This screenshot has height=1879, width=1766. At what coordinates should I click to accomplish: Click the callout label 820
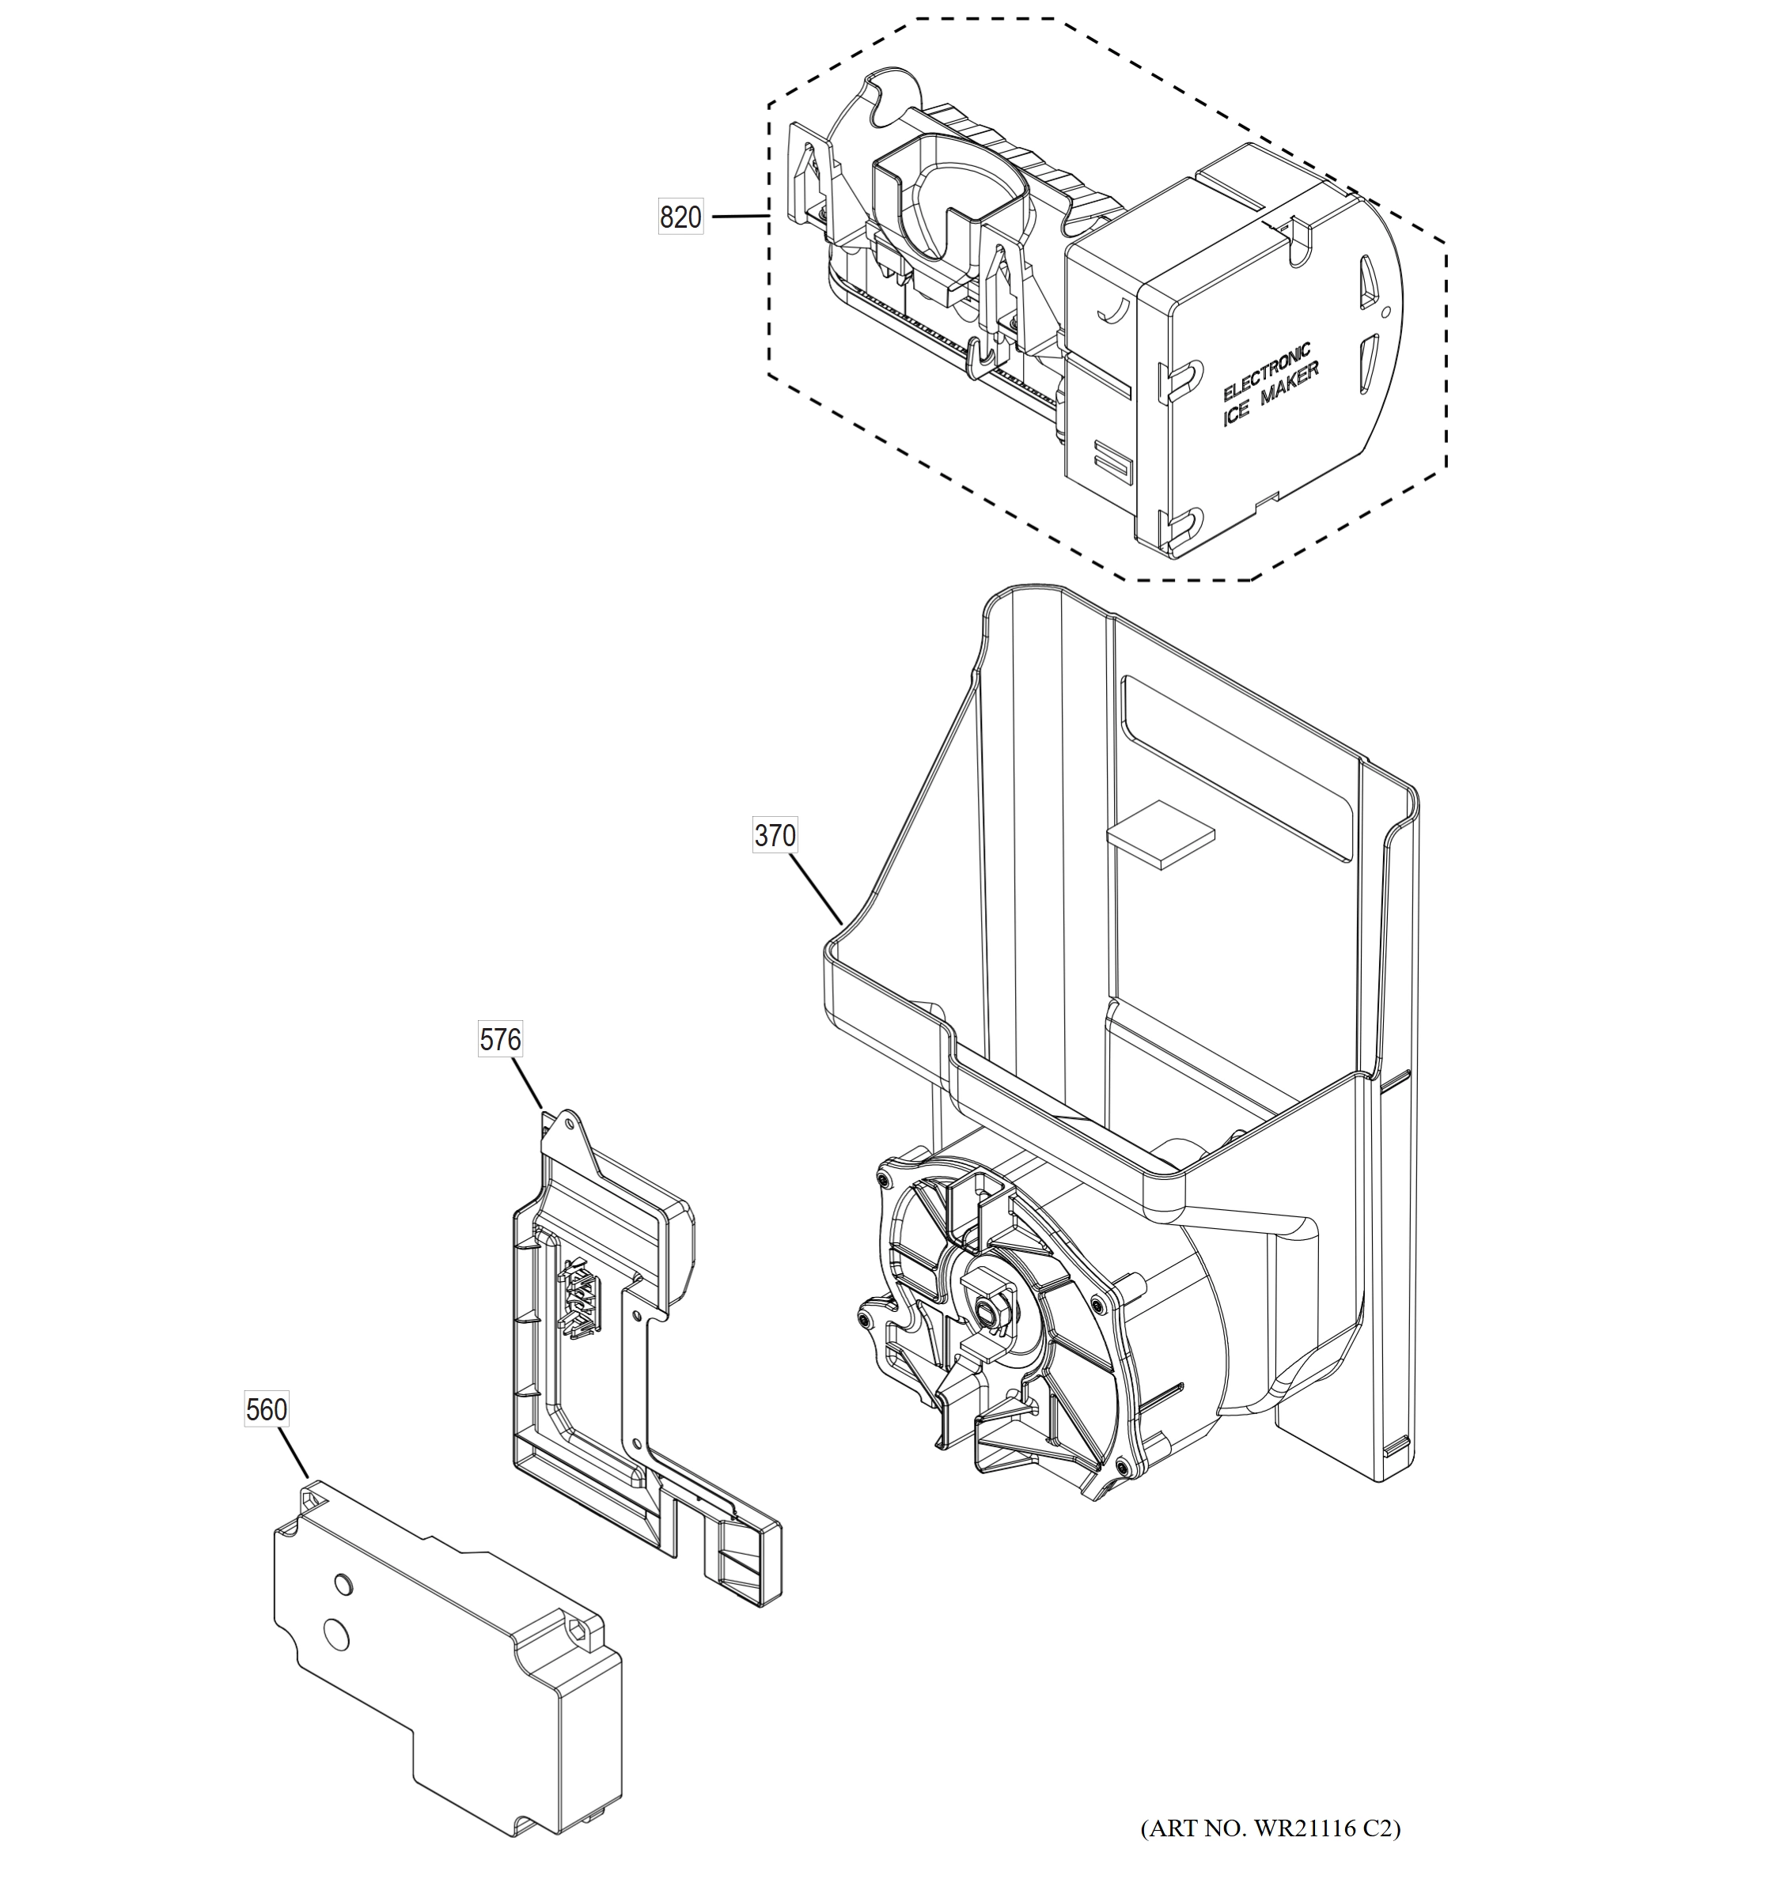click(x=680, y=217)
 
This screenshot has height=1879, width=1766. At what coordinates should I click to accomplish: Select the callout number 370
click(x=775, y=836)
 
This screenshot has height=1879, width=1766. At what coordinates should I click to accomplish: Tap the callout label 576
click(x=500, y=1040)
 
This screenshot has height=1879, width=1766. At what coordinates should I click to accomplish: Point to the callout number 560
click(x=266, y=1409)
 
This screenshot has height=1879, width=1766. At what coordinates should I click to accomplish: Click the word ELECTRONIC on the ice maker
click(x=1266, y=372)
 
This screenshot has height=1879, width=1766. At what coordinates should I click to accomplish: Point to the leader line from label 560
click(x=293, y=1452)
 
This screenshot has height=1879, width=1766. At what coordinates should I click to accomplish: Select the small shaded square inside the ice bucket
click(x=1160, y=834)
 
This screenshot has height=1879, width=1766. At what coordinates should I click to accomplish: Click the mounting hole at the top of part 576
click(x=569, y=1125)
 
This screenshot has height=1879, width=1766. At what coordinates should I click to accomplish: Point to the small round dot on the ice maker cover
click(x=1385, y=310)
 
